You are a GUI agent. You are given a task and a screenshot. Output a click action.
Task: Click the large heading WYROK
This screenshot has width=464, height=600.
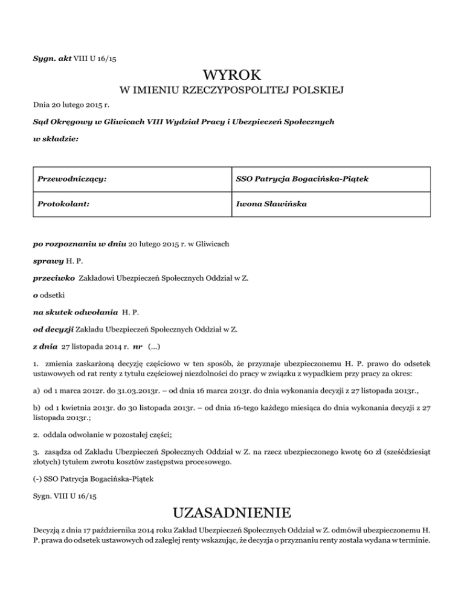pyautogui.click(x=232, y=76)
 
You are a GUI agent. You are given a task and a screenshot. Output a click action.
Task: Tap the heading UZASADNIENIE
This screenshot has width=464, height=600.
pyautogui.click(x=232, y=514)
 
